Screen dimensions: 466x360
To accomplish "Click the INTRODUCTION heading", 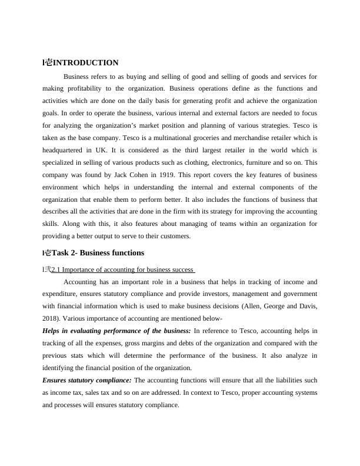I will click(86, 63).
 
